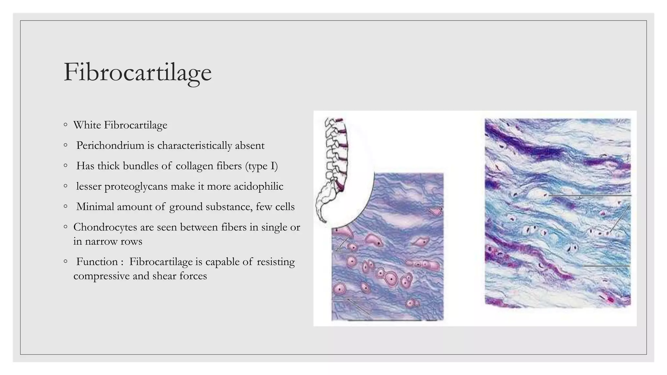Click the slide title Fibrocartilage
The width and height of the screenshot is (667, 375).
(137, 72)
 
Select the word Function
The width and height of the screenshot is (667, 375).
(97, 262)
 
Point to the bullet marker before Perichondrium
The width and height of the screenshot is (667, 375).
(66, 145)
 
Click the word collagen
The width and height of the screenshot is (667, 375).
(194, 166)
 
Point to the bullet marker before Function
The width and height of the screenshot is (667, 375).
(66, 261)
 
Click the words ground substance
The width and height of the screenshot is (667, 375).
(210, 207)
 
